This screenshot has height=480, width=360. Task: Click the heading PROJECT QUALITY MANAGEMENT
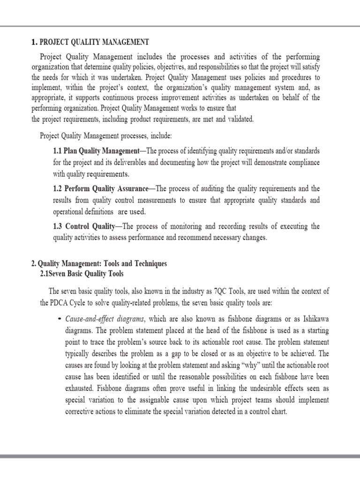click(93, 42)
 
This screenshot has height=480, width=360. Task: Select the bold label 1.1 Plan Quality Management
click(96, 151)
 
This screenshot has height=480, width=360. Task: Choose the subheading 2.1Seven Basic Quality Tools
click(82, 274)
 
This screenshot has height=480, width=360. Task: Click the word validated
click(240, 120)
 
